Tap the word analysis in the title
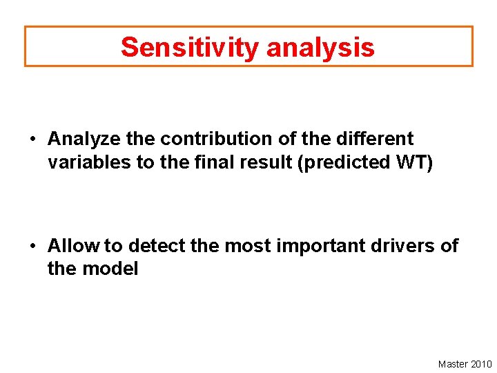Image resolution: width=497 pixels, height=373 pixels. (x=320, y=47)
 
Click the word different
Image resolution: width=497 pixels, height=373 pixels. (x=375, y=139)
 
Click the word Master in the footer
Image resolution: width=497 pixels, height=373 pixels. (x=453, y=364)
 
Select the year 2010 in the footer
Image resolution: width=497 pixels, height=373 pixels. (x=481, y=364)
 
